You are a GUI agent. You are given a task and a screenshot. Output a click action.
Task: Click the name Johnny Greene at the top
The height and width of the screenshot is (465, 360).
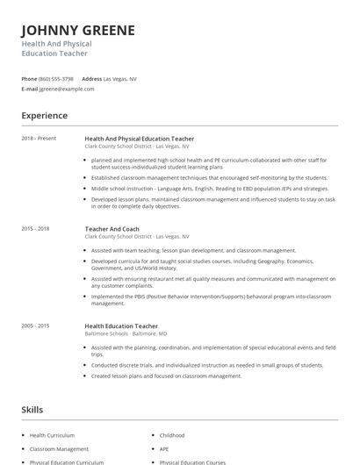(x=78, y=31)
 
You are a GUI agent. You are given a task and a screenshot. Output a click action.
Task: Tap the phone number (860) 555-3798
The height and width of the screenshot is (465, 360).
(x=56, y=78)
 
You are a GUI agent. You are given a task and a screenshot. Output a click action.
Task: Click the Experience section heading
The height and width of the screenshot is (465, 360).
(x=45, y=116)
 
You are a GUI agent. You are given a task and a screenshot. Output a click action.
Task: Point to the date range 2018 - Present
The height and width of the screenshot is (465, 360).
(x=39, y=139)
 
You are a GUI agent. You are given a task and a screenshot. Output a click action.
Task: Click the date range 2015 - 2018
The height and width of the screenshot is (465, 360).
(x=36, y=228)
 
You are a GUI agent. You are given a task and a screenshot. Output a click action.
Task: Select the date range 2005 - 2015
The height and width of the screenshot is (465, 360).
(x=36, y=325)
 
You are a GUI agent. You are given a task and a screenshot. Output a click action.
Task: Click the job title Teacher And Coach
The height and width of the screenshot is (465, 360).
(x=112, y=228)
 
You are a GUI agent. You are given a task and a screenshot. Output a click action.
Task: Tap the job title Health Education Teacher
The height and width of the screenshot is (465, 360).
(x=121, y=325)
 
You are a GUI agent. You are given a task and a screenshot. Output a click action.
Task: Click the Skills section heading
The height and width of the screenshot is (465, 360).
(x=32, y=410)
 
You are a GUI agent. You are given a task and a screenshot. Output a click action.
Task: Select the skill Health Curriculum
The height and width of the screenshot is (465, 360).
(x=52, y=435)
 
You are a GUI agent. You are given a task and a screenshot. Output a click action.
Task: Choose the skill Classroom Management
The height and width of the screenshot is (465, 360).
(x=58, y=448)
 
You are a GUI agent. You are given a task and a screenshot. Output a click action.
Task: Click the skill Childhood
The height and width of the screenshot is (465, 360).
(x=172, y=435)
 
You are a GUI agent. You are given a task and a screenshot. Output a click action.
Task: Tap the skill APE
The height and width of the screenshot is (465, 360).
(x=165, y=448)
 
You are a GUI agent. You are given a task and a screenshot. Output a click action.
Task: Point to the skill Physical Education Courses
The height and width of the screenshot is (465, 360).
(x=192, y=461)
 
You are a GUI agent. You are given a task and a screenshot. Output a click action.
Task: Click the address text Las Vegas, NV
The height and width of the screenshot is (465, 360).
(x=120, y=78)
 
